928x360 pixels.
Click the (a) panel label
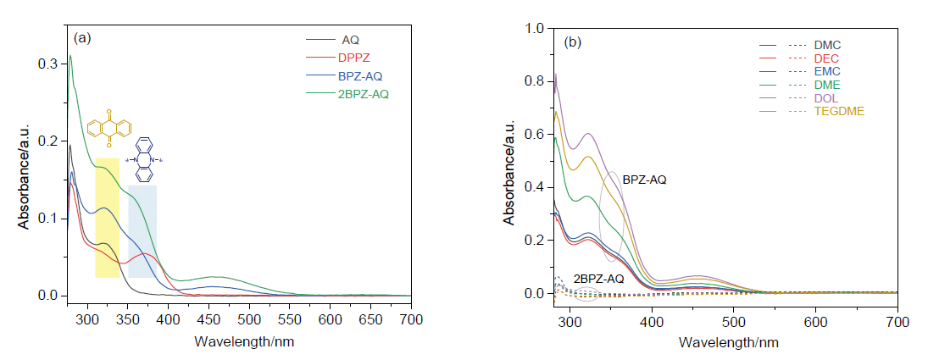click(82, 38)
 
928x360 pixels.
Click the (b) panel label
click(574, 41)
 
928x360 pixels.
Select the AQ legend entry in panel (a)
click(350, 40)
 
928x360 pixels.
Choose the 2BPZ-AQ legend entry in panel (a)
click(366, 93)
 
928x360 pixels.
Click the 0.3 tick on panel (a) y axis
click(49, 64)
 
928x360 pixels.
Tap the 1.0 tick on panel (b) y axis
click(535, 28)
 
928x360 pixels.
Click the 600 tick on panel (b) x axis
click(815, 322)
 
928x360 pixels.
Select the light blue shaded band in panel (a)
click(142, 230)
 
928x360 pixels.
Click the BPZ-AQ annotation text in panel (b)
click(645, 180)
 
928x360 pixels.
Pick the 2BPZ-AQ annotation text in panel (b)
click(598, 279)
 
